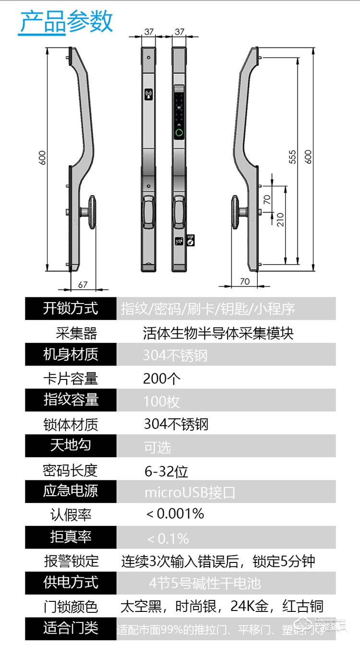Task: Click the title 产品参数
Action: coord(66,21)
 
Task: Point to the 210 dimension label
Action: coord(280,220)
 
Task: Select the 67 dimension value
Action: coord(83,284)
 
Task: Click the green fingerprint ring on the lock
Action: coord(179,134)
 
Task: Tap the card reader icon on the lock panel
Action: coord(149,93)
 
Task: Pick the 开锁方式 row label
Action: coord(71,308)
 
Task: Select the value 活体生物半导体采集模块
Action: coord(218,333)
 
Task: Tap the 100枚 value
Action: coord(161,401)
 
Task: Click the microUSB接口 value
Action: coord(190,493)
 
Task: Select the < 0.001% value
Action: coord(175,513)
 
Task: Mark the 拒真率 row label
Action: coord(71,537)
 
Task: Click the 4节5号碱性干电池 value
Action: coord(204,583)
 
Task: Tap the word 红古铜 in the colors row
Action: coord(303,606)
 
